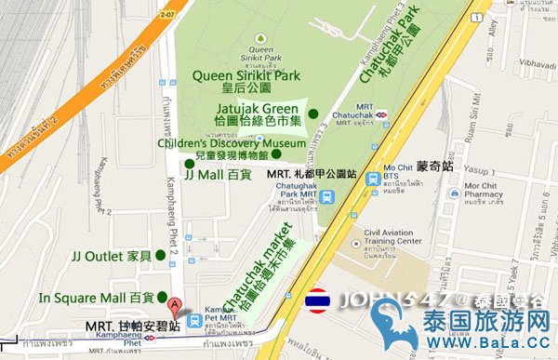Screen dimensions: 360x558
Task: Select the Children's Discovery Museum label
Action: pyautogui.click(x=232, y=143)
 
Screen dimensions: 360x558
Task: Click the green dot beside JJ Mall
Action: pyautogui.click(x=189, y=164)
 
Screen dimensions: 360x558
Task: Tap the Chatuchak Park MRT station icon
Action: pyautogui.click(x=327, y=196)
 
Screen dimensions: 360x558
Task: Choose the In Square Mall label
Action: pyautogui.click(x=97, y=298)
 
